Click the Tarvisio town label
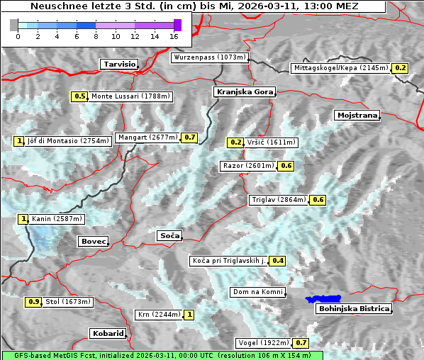pyautogui.click(x=118, y=64)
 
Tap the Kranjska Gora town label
pyautogui.click(x=244, y=92)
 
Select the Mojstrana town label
pyautogui.click(x=357, y=115)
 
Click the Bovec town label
pyautogui.click(x=93, y=242)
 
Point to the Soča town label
pyautogui.click(x=169, y=235)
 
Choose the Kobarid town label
pyautogui.click(x=108, y=333)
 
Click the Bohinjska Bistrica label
pyautogui.click(x=354, y=308)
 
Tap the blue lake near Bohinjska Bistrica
pyautogui.click(x=323, y=300)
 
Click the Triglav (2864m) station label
pyautogui.click(x=279, y=200)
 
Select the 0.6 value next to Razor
pyautogui.click(x=286, y=166)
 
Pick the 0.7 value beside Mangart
pyautogui.click(x=189, y=137)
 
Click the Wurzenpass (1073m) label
pyautogui.click(x=210, y=57)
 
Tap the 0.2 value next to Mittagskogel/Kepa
pyautogui.click(x=401, y=68)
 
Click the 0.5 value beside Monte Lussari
pyautogui.click(x=79, y=96)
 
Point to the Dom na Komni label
pyautogui.click(x=258, y=292)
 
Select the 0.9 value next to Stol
pyautogui.click(x=33, y=302)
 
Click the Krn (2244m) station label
pyautogui.click(x=158, y=314)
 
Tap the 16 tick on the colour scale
pyautogui.click(x=174, y=35)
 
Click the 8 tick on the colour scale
pyautogui.click(x=96, y=35)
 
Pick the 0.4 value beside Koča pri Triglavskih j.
pyautogui.click(x=278, y=261)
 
